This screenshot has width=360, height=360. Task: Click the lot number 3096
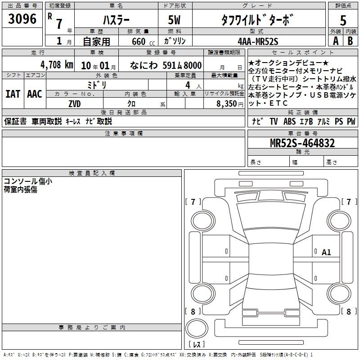[22, 19]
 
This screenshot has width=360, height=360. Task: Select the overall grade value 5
[343, 20]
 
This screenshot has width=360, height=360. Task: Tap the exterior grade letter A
[336, 41]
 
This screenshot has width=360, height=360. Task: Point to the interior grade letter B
[350, 41]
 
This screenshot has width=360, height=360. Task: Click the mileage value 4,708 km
[57, 65]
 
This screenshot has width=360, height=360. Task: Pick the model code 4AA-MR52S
[258, 41]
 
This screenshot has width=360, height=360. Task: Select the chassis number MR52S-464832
[302, 143]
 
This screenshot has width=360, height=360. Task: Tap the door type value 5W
[174, 20]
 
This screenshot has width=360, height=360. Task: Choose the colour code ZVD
[75, 104]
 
